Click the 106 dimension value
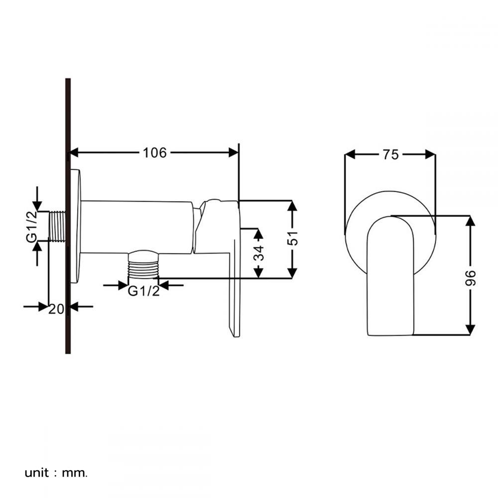point(155,152)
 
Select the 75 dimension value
point(390,154)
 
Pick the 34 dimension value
point(258,253)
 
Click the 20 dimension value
point(56,308)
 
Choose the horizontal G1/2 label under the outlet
point(143,291)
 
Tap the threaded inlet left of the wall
point(57,227)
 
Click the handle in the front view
point(390,279)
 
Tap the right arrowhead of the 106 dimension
point(234,152)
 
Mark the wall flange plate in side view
point(75,227)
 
